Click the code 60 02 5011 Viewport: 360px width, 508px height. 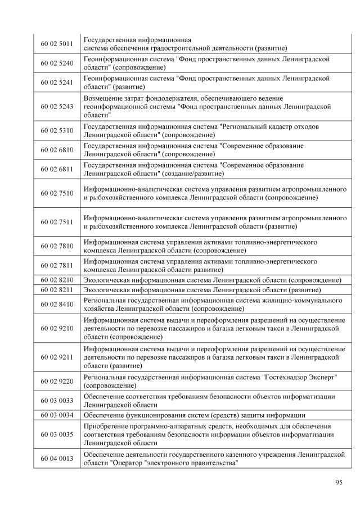tap(57, 44)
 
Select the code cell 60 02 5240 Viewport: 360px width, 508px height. tap(57, 63)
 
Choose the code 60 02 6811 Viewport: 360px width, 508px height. tap(57, 170)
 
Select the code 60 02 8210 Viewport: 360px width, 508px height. tap(57, 280)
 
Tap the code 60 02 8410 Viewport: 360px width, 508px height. tap(57, 305)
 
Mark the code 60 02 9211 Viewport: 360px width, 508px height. tap(57, 357)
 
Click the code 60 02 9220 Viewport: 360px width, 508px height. tap(57, 381)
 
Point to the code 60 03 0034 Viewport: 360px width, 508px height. tap(57, 415)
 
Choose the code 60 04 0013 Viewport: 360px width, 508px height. tap(57, 459)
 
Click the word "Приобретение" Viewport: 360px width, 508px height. tap(106, 425)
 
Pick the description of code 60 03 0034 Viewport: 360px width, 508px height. tap(194, 415)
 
